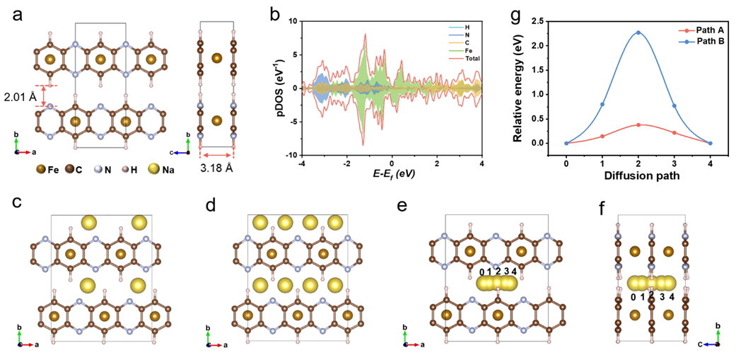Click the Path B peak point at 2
point(638,33)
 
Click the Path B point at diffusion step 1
point(602,105)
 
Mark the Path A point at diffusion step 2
point(638,125)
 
